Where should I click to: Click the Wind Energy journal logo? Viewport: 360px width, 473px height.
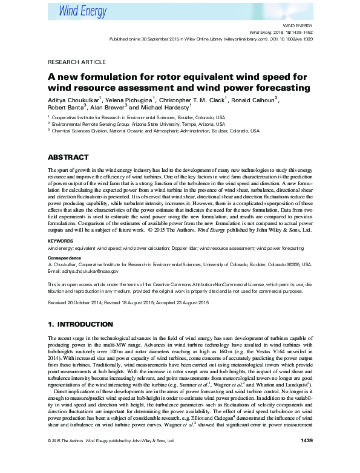(x=83, y=9)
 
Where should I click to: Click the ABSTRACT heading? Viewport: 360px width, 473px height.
(x=69, y=157)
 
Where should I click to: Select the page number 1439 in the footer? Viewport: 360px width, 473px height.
(x=306, y=457)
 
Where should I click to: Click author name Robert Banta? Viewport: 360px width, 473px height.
(x=65, y=106)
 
